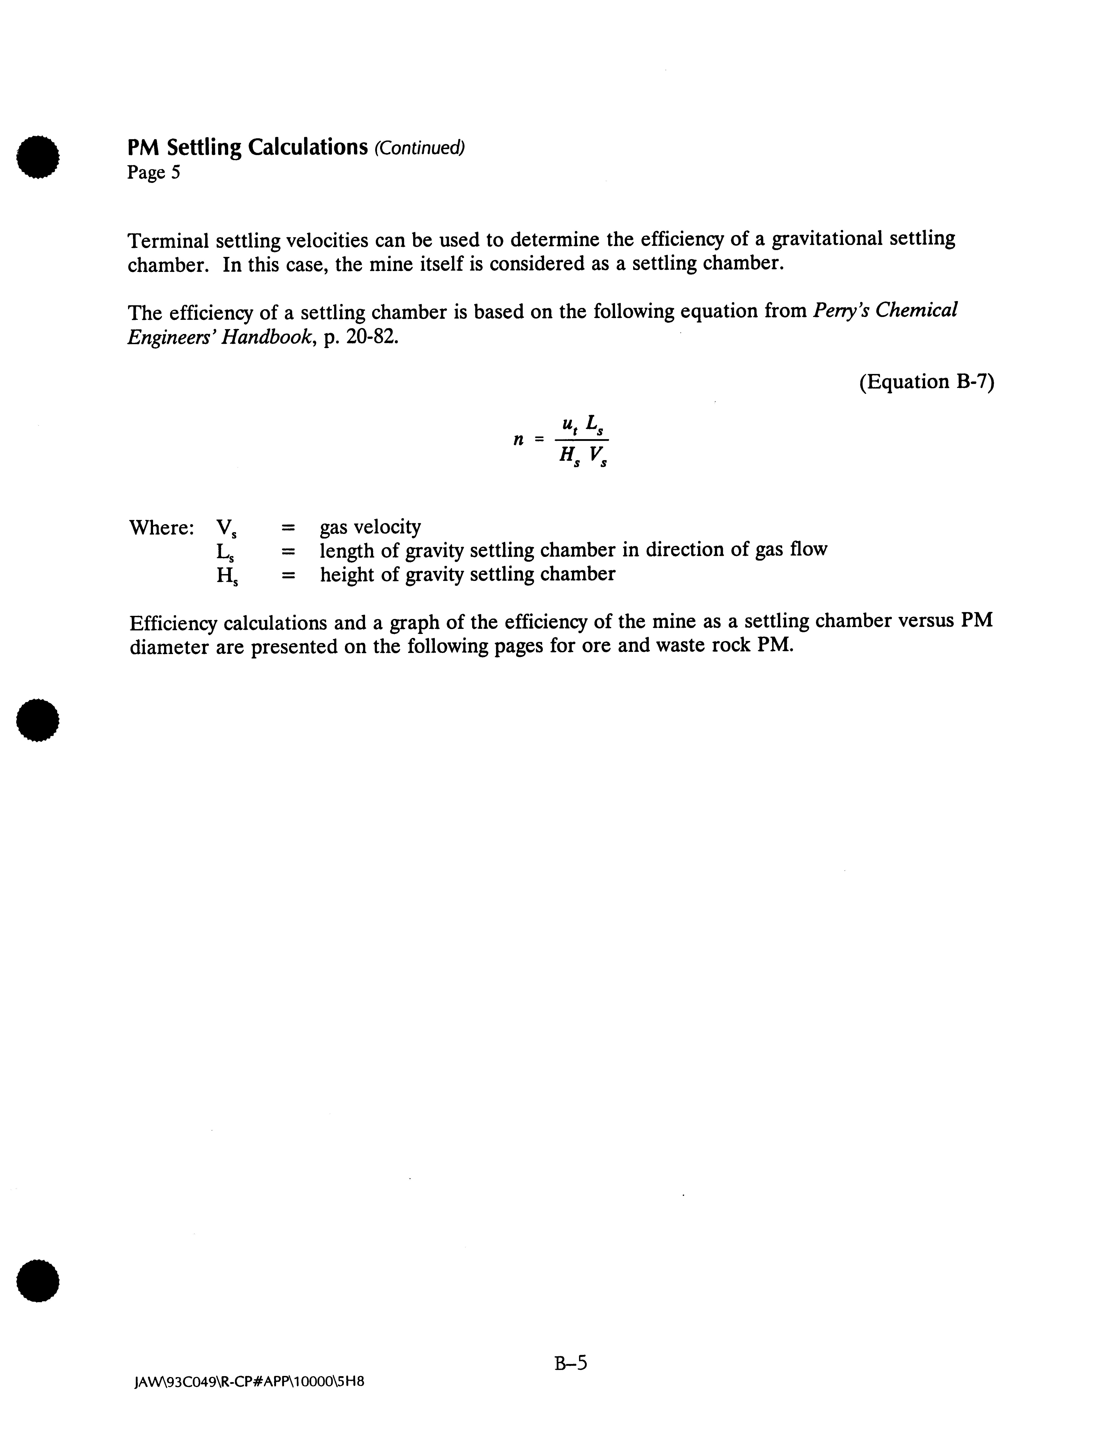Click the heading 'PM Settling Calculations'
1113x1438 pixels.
pyautogui.click(x=247, y=147)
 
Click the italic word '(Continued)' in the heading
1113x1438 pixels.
pyautogui.click(x=419, y=148)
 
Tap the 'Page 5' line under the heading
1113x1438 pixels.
pyautogui.click(x=153, y=173)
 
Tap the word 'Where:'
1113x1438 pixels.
pyautogui.click(x=161, y=527)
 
